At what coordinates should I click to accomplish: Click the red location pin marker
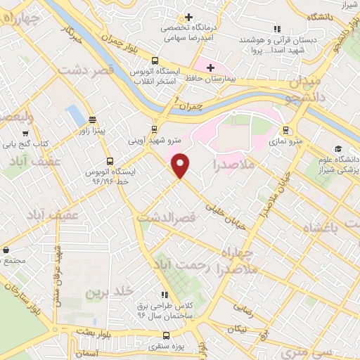tap(181, 165)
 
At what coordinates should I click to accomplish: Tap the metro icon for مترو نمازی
tap(285, 130)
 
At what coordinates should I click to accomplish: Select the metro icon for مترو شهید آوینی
tap(155, 129)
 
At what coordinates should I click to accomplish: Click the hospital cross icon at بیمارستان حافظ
tap(210, 67)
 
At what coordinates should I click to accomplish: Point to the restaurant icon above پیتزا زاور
tap(93, 120)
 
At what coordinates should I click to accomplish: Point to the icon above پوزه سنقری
tap(167, 335)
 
